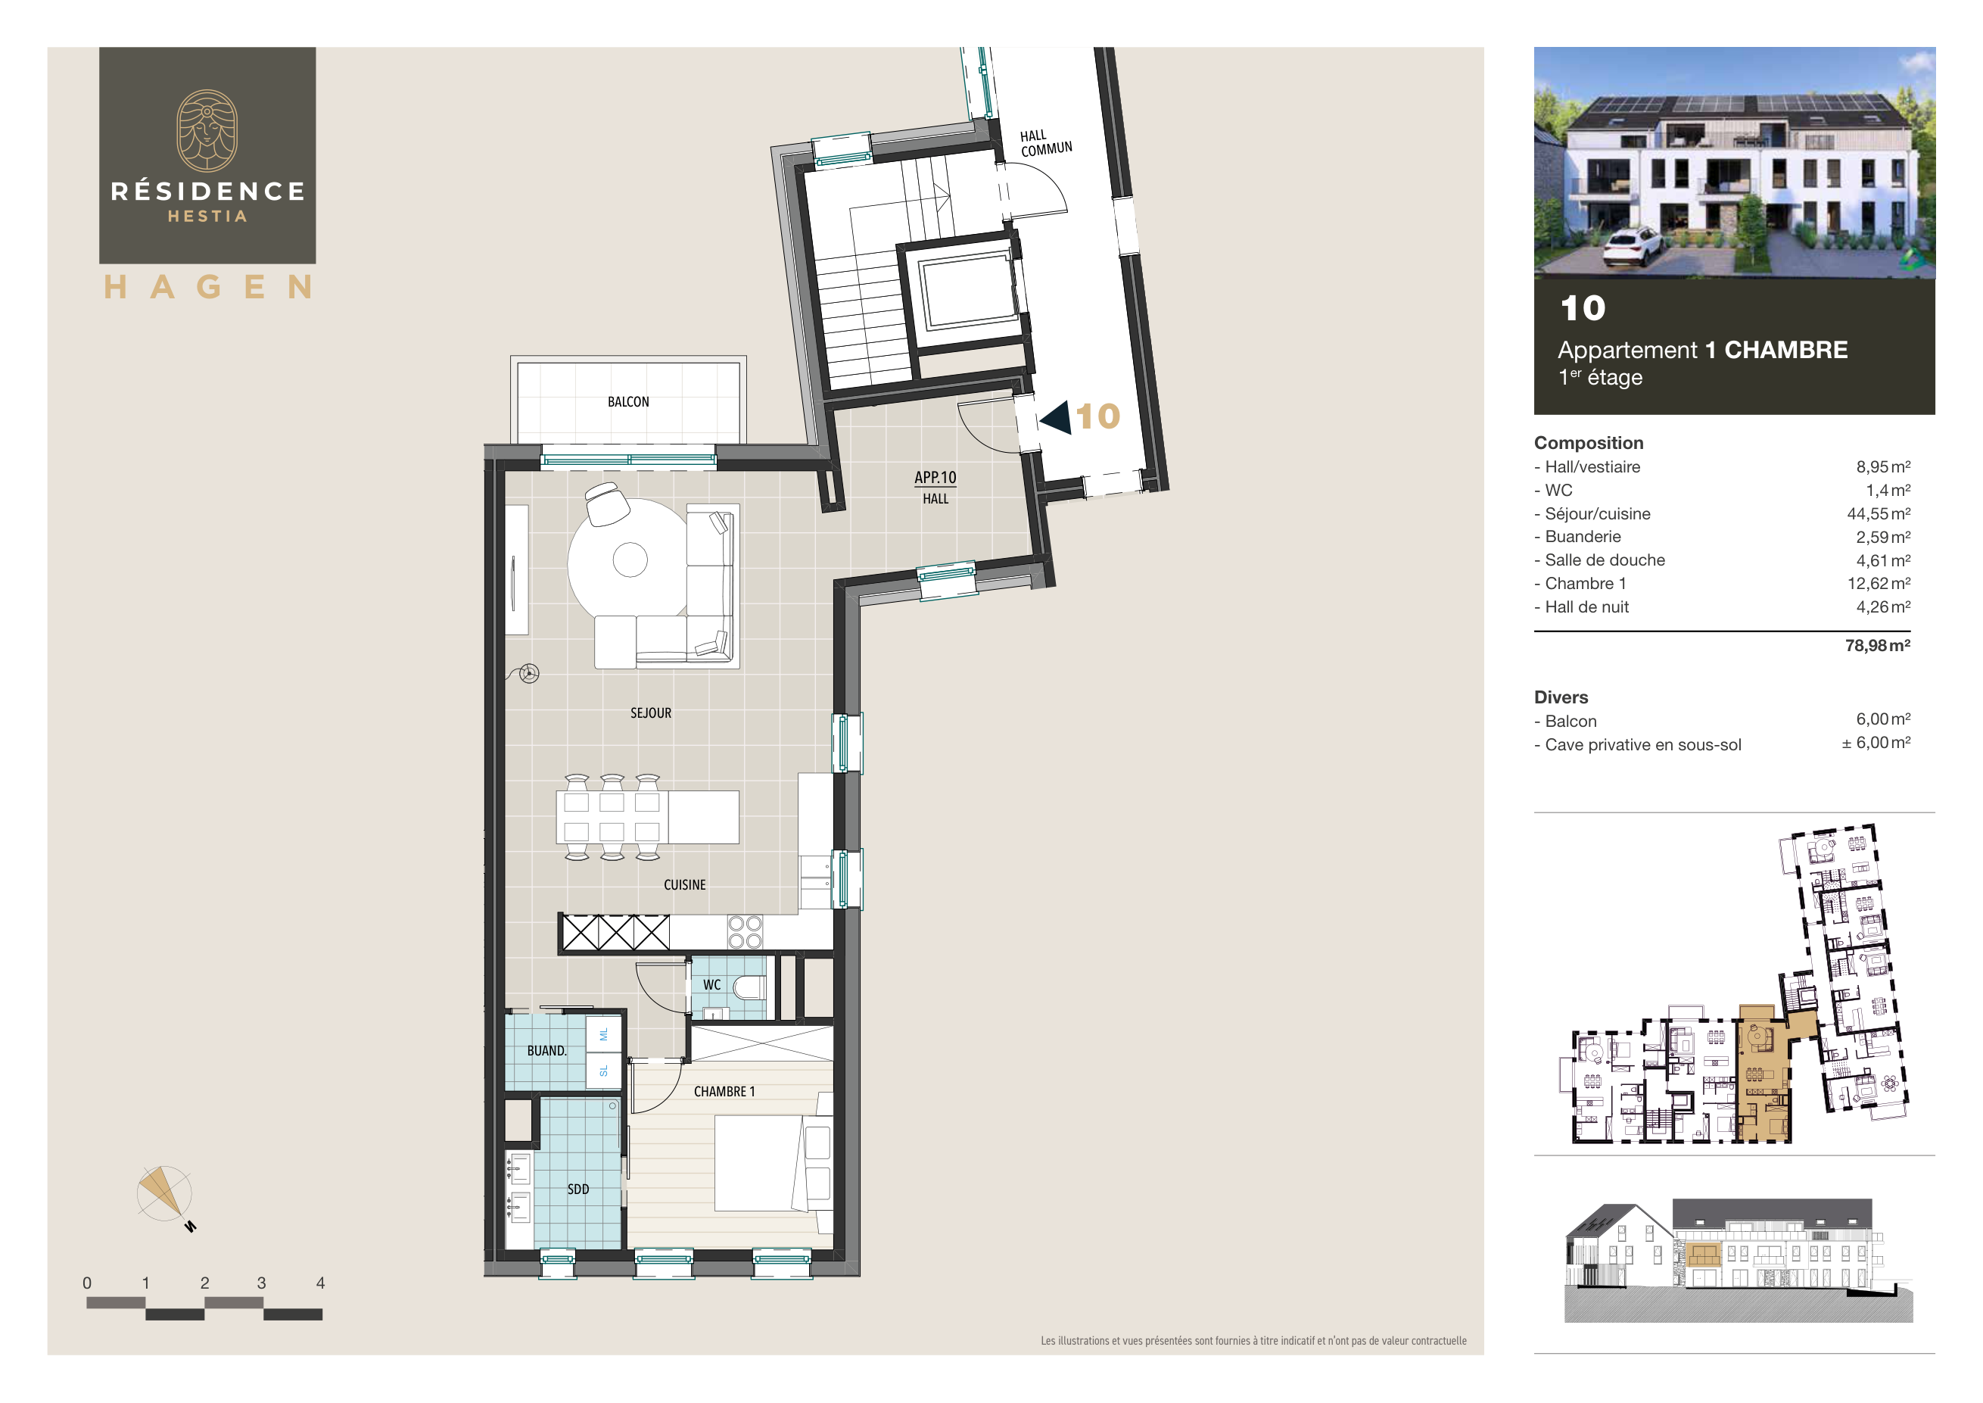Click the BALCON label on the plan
(628, 402)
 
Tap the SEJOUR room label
(650, 712)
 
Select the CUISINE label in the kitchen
(684, 884)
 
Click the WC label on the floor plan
(711, 985)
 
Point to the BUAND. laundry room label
(546, 1050)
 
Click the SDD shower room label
(577, 1189)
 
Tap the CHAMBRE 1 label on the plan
(724, 1092)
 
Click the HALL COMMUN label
(1045, 143)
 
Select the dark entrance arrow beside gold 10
(1055, 417)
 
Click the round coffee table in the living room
(630, 560)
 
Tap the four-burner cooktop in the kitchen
(745, 932)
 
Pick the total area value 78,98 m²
(1877, 645)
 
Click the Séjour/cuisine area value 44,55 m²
(1878, 513)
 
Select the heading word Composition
(1587, 442)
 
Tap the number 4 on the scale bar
(320, 1283)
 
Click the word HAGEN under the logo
(207, 287)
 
